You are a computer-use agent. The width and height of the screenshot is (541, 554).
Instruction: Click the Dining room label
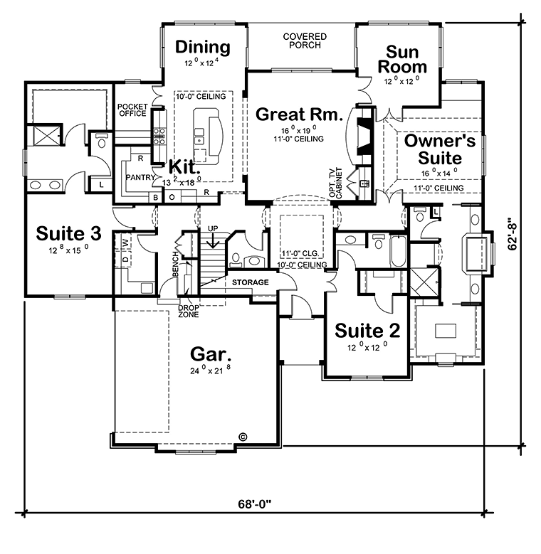(203, 47)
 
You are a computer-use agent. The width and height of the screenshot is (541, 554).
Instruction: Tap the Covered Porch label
(305, 41)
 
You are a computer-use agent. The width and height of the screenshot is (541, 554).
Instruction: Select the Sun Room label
(402, 59)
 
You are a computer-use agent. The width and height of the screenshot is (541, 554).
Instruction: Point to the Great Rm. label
(299, 114)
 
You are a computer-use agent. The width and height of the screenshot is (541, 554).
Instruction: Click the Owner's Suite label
(440, 149)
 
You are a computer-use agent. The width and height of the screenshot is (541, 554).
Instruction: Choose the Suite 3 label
(68, 233)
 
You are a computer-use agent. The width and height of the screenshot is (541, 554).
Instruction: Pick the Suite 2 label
(367, 331)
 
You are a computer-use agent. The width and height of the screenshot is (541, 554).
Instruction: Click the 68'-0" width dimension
(254, 504)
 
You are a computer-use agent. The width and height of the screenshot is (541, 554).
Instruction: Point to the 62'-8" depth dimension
(513, 236)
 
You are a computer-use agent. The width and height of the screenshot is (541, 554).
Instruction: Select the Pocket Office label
(132, 110)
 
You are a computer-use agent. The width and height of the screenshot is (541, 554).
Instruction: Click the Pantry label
(140, 177)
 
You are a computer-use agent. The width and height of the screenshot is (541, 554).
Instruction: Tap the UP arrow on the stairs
(213, 241)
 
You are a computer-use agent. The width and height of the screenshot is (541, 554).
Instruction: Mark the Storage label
(251, 282)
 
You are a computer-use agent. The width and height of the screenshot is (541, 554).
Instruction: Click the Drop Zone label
(189, 311)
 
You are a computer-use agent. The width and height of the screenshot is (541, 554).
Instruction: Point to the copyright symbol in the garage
(243, 437)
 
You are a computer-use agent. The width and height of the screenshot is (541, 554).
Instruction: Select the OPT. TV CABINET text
(335, 182)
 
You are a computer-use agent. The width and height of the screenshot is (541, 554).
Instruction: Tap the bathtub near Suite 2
(399, 252)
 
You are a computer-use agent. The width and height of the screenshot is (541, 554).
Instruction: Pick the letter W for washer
(125, 243)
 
